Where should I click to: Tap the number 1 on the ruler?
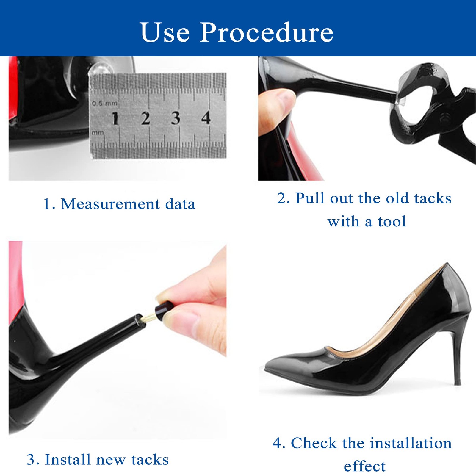(x=115, y=118)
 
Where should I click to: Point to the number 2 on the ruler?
(x=145, y=118)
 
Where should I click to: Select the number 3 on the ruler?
(x=176, y=118)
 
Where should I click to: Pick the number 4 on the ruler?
(x=206, y=118)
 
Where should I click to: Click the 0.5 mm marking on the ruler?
(x=104, y=103)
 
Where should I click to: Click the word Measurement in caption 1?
(x=110, y=204)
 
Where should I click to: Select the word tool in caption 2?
(x=392, y=222)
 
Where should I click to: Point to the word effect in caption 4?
(x=365, y=466)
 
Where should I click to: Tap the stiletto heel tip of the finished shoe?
(x=458, y=382)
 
